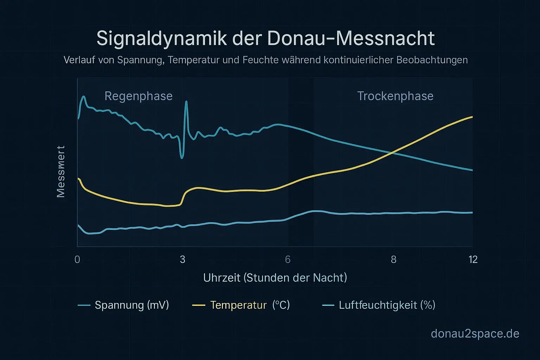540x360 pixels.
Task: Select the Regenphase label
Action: (139, 96)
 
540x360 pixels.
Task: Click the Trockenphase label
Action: (395, 96)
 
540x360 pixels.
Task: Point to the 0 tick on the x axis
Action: (77, 259)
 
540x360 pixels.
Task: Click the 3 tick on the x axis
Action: (182, 259)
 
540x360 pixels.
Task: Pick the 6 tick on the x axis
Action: (288, 259)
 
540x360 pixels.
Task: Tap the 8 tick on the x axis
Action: (393, 259)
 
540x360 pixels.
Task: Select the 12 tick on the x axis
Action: (473, 259)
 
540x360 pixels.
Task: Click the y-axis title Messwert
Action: (61, 172)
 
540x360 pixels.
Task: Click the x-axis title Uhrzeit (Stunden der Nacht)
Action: (275, 278)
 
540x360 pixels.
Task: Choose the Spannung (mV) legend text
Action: (132, 305)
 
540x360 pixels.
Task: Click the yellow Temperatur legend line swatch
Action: (199, 305)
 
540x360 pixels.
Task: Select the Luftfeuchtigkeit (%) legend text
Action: (387, 305)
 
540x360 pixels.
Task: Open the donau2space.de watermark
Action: (475, 333)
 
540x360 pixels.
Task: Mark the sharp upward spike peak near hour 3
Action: (186, 102)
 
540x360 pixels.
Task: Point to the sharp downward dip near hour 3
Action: (182, 158)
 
